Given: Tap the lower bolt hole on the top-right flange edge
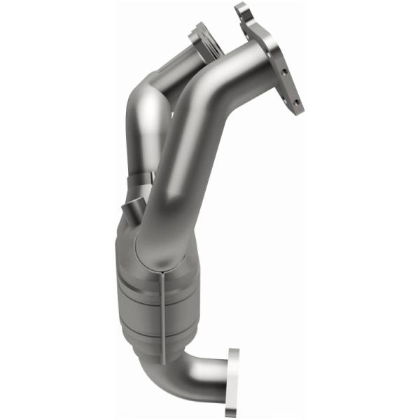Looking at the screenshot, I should [x=297, y=102].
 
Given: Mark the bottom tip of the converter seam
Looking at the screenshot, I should [x=162, y=361].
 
